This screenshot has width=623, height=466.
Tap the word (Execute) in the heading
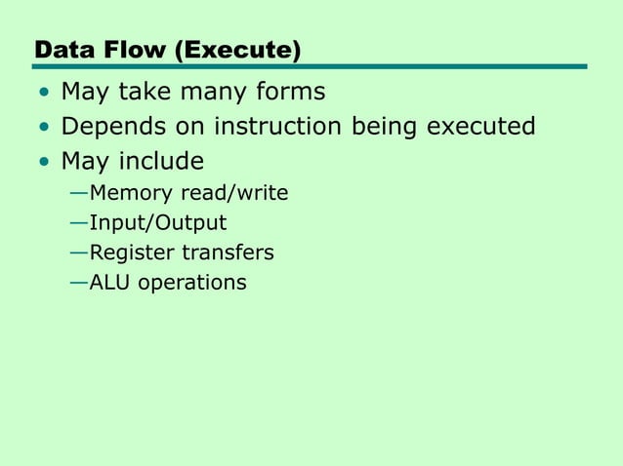click(x=238, y=49)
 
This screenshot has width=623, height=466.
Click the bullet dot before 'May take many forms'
click(x=43, y=94)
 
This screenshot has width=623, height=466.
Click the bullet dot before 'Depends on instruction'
click(x=43, y=128)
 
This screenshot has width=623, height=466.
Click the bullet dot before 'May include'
click(x=43, y=162)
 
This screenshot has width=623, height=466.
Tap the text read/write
click(x=234, y=193)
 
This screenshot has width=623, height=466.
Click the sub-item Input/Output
click(x=157, y=223)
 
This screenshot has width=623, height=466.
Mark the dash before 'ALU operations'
click(x=78, y=283)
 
